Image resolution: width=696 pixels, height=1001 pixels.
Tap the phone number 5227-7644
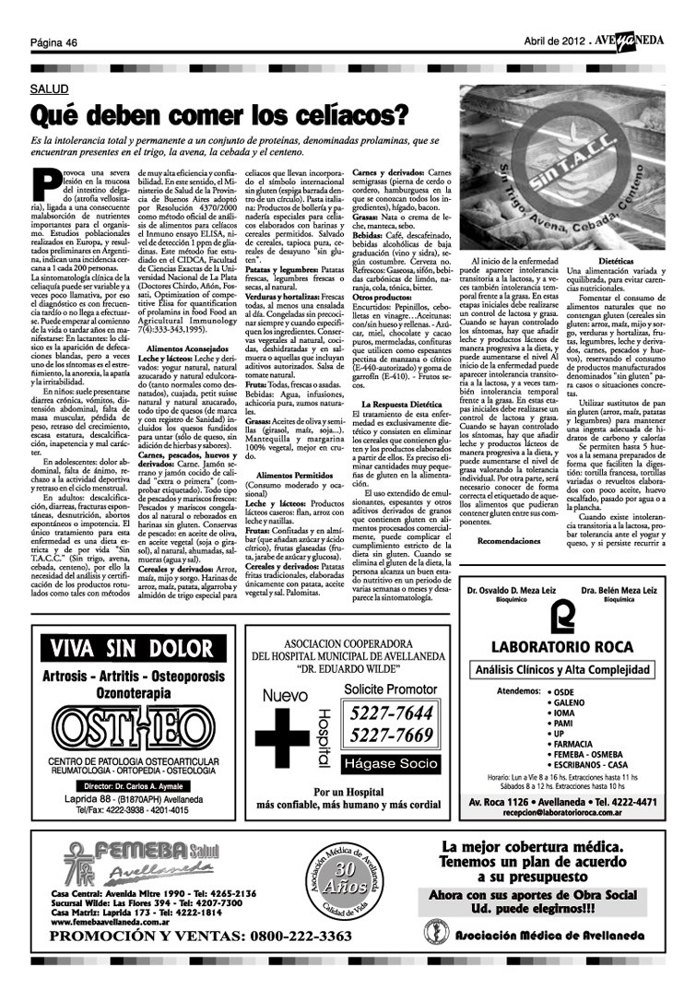[386, 714]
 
